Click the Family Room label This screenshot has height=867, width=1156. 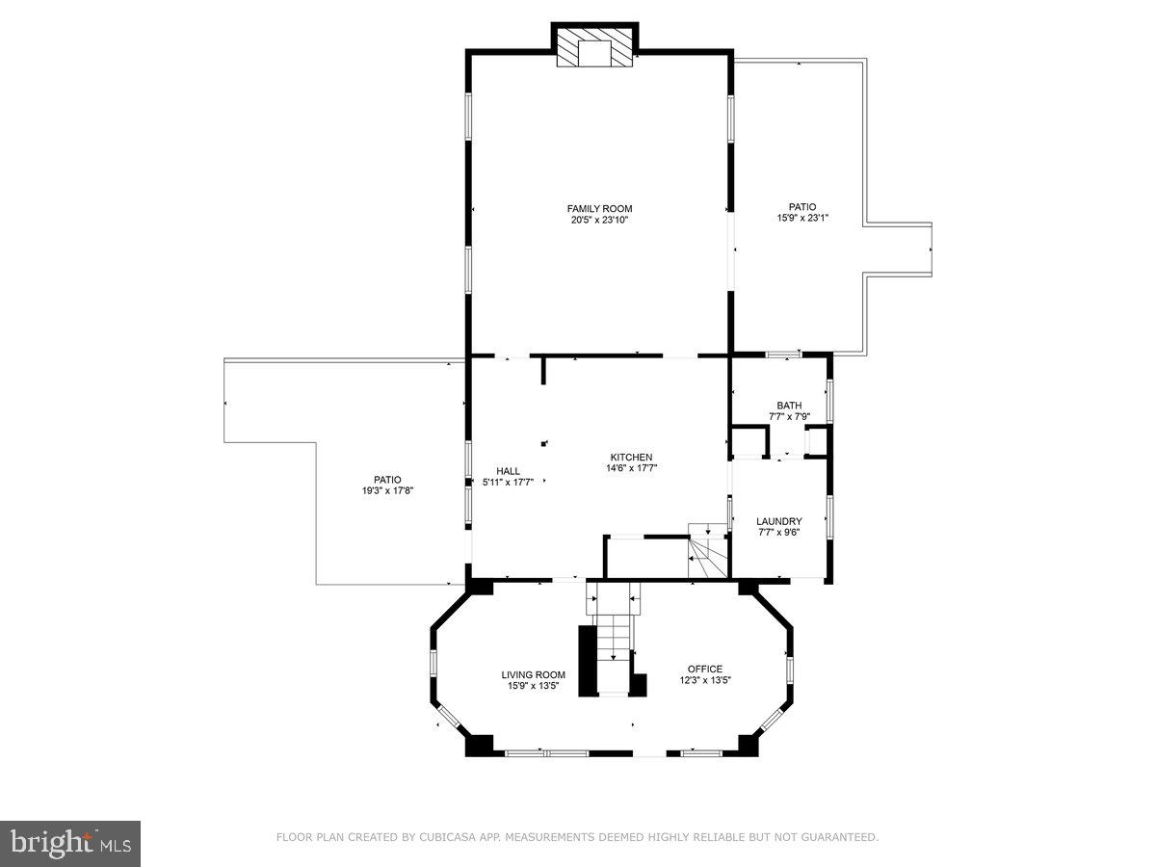click(599, 208)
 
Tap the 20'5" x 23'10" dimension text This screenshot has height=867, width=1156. click(599, 220)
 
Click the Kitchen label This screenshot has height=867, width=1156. click(631, 457)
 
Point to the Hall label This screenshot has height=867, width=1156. click(508, 471)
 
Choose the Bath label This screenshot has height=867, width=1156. click(789, 405)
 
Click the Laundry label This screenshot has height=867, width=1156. click(778, 521)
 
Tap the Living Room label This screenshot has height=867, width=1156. click(533, 674)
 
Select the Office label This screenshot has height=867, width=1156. click(704, 669)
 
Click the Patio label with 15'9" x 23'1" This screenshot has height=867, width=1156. click(802, 206)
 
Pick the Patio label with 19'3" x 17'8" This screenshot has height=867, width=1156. click(387, 480)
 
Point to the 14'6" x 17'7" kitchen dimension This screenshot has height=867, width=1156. click(631, 468)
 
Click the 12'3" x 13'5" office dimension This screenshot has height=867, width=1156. click(704, 680)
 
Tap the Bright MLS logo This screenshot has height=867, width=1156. click(70, 844)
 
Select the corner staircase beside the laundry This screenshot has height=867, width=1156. click(707, 551)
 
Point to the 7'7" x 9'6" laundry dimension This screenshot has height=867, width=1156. click(778, 533)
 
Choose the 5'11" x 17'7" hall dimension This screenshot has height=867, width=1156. click(508, 483)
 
